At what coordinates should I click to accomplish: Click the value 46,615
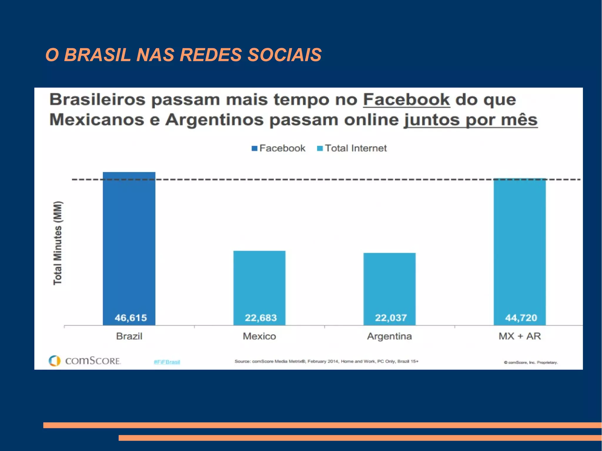[131, 318]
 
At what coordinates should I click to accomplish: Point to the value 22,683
[261, 318]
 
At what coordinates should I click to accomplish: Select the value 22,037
[391, 318]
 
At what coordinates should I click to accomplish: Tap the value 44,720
[521, 318]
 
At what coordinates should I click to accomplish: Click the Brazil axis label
[129, 336]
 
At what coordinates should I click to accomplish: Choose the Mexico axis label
[259, 336]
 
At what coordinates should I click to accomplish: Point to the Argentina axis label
[389, 336]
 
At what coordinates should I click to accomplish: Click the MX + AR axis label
[520, 336]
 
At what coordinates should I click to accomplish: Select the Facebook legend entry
[279, 148]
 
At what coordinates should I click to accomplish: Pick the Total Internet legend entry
[352, 148]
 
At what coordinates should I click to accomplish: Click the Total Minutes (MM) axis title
[58, 243]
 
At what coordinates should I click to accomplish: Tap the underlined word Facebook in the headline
[407, 100]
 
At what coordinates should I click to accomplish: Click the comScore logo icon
[55, 361]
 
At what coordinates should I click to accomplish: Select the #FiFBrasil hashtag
[167, 362]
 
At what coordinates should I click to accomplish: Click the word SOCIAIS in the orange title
[285, 55]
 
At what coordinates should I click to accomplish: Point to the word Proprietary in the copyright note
[547, 363]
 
